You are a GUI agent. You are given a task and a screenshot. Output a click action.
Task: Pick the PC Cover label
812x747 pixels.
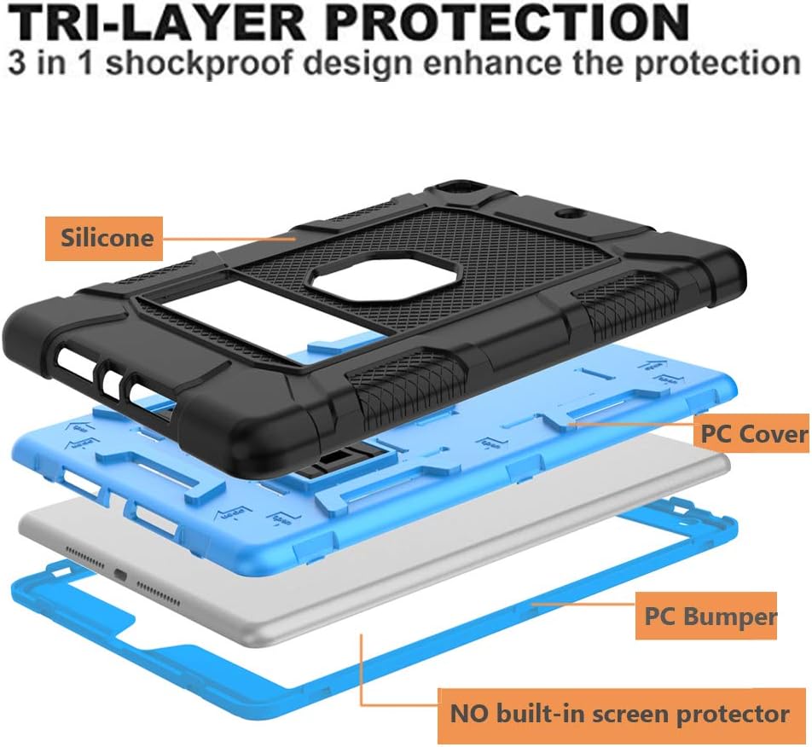[753, 433]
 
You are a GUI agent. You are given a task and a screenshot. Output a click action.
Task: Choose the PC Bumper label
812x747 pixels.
[705, 616]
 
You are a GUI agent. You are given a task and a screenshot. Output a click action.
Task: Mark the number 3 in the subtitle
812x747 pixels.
[20, 65]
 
